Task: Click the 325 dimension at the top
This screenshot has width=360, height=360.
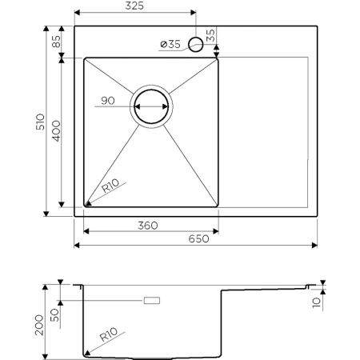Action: (134, 6)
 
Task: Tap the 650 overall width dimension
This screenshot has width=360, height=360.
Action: (198, 238)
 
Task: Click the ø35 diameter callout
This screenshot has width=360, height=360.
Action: (170, 44)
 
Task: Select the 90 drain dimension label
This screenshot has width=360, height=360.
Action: (109, 102)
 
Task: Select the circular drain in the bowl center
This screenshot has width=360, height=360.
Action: (152, 106)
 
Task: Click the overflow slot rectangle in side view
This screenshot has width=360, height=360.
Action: (150, 300)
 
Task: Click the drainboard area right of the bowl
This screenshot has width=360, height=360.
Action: (264, 132)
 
